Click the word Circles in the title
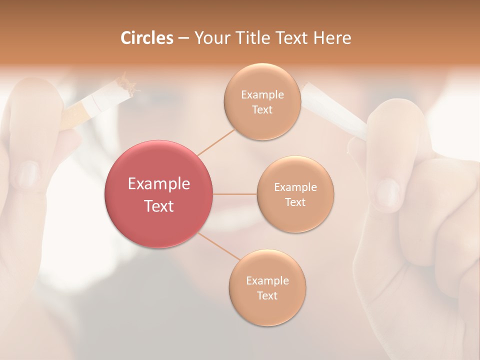coord(146,38)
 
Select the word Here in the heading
coord(332,38)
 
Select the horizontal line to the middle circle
coord(235,194)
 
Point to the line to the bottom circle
coord(218,247)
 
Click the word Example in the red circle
coord(159,184)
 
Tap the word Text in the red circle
coord(159,205)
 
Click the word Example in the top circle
coord(262,95)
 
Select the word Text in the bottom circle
coord(267,295)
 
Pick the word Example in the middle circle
coord(295,187)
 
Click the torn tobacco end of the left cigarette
coord(127,84)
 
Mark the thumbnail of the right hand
coord(387,192)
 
